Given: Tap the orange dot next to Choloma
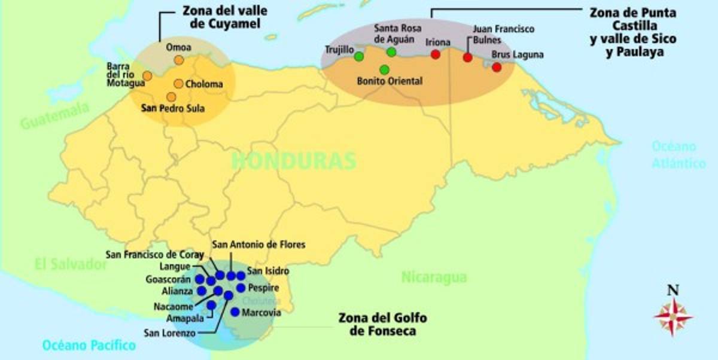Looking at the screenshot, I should tap(178, 84).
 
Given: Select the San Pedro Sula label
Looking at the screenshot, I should tap(172, 109).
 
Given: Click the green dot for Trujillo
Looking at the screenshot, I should tap(359, 57).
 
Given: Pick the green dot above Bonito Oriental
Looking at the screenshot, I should tap(384, 70).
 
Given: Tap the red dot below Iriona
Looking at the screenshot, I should tap(436, 54).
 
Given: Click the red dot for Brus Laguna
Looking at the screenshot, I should tap(497, 67).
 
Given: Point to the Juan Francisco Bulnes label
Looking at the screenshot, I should tap(495, 34).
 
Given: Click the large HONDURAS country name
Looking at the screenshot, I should tap(293, 160).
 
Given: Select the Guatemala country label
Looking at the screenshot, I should tap(54, 117).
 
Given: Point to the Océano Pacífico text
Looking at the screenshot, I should tap(89, 345).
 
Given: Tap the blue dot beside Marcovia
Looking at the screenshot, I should tap(235, 312).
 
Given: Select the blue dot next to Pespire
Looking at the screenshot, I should tap(241, 288).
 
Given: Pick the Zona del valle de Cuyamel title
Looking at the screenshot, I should tap(215, 17).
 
